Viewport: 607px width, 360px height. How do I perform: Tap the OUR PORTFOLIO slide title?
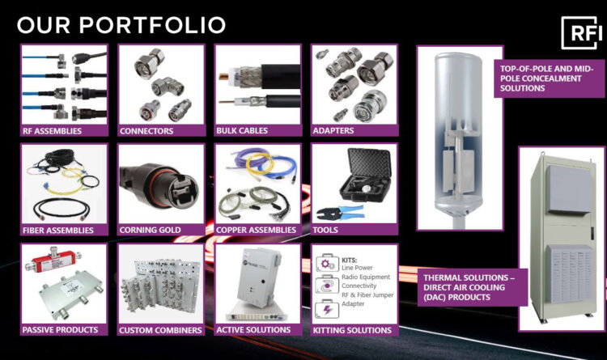click(x=121, y=25)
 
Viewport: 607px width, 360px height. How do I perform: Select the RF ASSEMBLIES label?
click(x=53, y=130)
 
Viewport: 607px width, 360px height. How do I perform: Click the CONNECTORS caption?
click(x=146, y=130)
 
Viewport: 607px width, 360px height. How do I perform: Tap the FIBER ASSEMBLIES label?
click(x=59, y=231)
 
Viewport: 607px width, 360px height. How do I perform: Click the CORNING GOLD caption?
click(x=151, y=231)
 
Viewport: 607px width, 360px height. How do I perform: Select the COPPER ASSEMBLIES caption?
click(x=257, y=231)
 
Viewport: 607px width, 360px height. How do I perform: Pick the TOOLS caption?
click(x=326, y=231)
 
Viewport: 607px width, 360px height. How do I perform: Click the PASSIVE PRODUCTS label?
click(x=62, y=330)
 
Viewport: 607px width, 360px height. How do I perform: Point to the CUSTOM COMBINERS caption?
click(x=159, y=330)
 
